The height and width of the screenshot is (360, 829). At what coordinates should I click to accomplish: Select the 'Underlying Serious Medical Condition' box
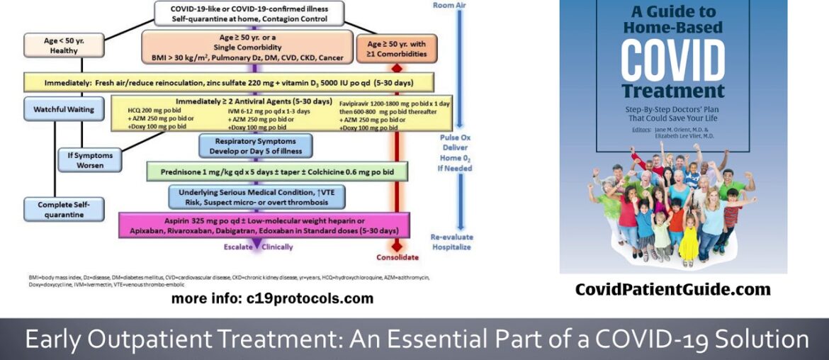(256, 196)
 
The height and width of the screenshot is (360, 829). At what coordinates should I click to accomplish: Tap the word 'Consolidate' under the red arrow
(397, 257)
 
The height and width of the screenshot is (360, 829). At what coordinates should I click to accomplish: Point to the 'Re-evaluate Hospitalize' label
(451, 242)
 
